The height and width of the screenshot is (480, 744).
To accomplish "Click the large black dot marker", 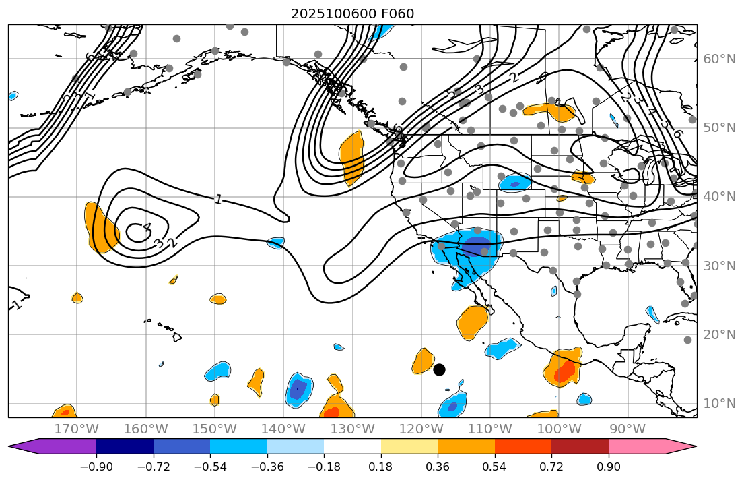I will click(439, 369).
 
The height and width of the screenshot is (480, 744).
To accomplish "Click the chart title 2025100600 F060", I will click(352, 13).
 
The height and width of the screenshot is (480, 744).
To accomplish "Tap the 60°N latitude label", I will click(719, 59).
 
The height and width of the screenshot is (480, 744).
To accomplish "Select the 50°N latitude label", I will click(719, 128).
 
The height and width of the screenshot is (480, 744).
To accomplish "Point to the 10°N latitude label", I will click(719, 404).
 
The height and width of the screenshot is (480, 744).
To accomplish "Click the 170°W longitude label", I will click(76, 429).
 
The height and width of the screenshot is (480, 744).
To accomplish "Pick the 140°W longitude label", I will click(283, 429).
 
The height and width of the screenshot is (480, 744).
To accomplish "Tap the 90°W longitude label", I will click(627, 429).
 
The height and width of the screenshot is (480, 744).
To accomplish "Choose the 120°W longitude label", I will click(421, 429).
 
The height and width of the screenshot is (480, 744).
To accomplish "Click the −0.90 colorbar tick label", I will click(96, 467).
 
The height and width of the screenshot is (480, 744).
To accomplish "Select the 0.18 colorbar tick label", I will click(381, 467).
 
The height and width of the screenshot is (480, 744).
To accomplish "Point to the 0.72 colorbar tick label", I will click(551, 467).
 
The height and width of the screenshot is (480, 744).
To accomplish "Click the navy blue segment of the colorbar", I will click(125, 446).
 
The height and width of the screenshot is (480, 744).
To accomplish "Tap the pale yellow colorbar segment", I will click(409, 446).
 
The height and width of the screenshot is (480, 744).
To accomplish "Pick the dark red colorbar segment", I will click(580, 446).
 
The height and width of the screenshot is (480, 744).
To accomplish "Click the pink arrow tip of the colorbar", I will click(685, 446).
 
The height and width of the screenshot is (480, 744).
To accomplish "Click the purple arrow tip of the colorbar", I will click(20, 446).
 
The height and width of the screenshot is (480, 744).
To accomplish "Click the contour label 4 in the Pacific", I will click(147, 228).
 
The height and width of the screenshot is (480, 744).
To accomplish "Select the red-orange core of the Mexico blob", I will click(564, 370).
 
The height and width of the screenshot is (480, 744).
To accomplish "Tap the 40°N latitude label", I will click(719, 197).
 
